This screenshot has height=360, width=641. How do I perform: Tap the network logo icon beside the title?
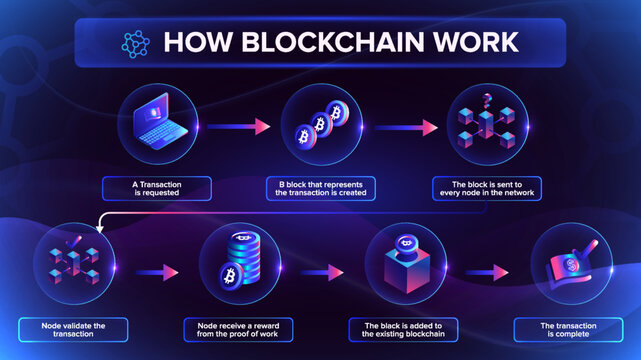pos(132,43)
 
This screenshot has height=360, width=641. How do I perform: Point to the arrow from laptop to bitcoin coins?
pos(245,126)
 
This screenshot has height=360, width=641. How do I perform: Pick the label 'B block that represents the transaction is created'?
pos(320,188)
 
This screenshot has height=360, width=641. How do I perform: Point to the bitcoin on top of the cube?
pos(407,242)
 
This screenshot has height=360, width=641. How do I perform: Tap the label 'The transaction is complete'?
pos(566,328)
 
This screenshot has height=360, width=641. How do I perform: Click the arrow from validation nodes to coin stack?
pos(155,272)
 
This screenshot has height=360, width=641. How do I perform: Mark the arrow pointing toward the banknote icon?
pos(486,272)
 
